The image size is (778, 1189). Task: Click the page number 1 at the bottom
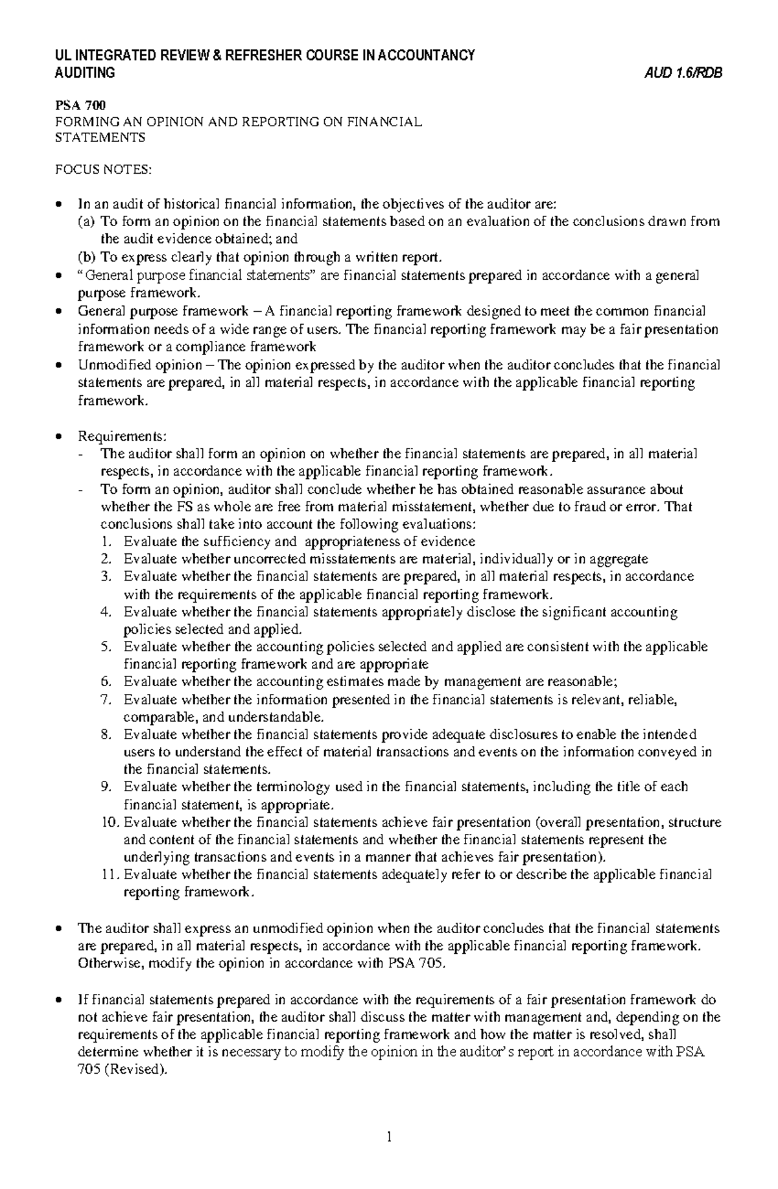tap(389, 1137)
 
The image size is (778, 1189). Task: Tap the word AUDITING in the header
tap(85, 73)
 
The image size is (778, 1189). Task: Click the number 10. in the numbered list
tap(110, 822)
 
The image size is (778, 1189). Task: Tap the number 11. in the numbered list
tap(110, 875)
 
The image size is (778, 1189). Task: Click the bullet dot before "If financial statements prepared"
tap(60, 1000)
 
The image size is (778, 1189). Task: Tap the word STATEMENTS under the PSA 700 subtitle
tap(99, 137)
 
